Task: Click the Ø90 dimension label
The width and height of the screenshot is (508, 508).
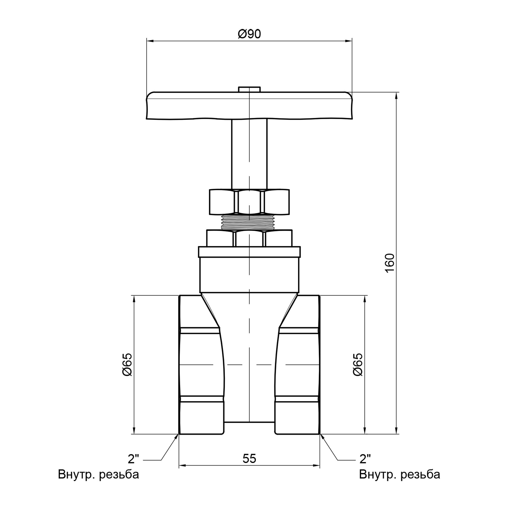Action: (x=249, y=34)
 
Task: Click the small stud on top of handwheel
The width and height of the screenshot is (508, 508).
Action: (x=249, y=89)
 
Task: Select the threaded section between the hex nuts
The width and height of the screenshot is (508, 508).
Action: (x=249, y=222)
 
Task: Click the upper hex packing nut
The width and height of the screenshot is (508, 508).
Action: (x=249, y=201)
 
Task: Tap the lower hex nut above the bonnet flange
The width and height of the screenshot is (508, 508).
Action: (x=249, y=238)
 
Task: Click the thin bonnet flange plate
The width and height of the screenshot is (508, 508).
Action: (x=249, y=252)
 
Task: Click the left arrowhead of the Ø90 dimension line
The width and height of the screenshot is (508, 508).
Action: (x=150, y=41)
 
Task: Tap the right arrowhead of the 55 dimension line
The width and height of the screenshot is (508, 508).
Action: (x=316, y=473)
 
